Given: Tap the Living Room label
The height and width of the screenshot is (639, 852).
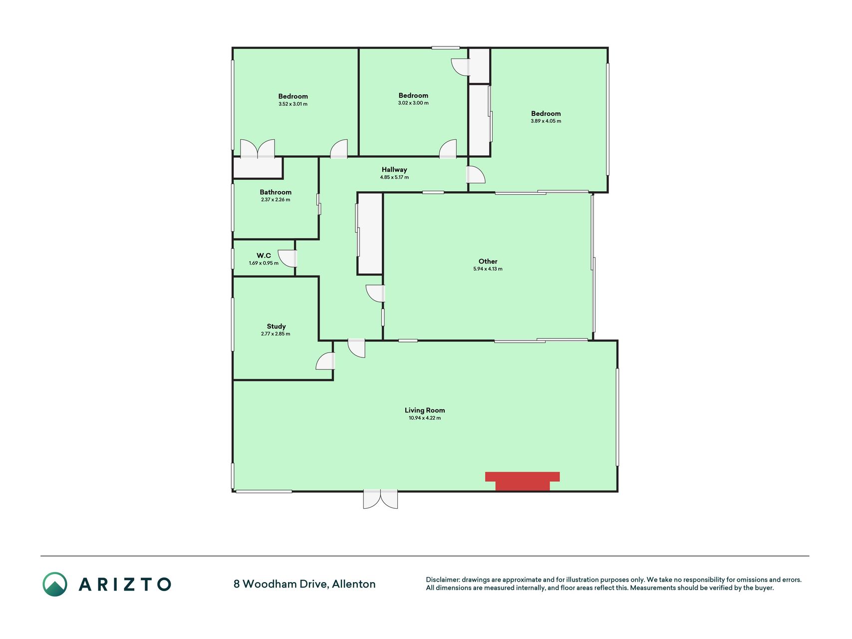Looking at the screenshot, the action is tap(425, 410).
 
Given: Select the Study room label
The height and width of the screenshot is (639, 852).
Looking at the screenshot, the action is tap(276, 326).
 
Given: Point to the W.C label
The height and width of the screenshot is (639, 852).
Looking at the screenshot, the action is tap(264, 256).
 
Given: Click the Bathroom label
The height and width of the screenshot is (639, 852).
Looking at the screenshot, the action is tap(276, 192).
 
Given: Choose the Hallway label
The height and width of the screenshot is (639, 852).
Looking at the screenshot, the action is tap(394, 170).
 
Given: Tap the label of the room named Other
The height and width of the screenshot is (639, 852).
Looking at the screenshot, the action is tap(488, 261).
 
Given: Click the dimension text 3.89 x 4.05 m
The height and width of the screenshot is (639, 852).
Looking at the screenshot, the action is tap(546, 121).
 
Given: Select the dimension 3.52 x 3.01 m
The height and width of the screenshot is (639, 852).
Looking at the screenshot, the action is tap(293, 104).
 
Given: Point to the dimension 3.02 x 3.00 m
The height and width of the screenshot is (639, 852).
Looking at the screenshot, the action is tap(413, 103).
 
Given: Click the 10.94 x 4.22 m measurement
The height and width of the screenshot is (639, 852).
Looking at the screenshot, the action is tap(425, 418).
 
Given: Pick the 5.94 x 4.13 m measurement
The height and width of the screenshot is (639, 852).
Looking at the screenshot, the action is tap(488, 269).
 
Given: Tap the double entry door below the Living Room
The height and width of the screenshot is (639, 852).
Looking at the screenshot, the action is tap(380, 499).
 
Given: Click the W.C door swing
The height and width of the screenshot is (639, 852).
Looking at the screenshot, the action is tap(287, 258).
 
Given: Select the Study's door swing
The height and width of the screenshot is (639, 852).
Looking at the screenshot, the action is tap(325, 361).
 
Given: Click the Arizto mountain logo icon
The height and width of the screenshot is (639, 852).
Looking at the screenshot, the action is tap(55, 584).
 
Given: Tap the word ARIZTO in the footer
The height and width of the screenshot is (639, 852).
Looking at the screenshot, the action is tap(125, 584).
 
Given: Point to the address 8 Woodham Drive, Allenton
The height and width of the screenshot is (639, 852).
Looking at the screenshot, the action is tap(304, 584).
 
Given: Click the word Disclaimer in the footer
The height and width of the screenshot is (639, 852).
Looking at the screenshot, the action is tap(442, 580).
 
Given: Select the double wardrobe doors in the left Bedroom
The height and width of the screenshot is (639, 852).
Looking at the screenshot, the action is tap(258, 149).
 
